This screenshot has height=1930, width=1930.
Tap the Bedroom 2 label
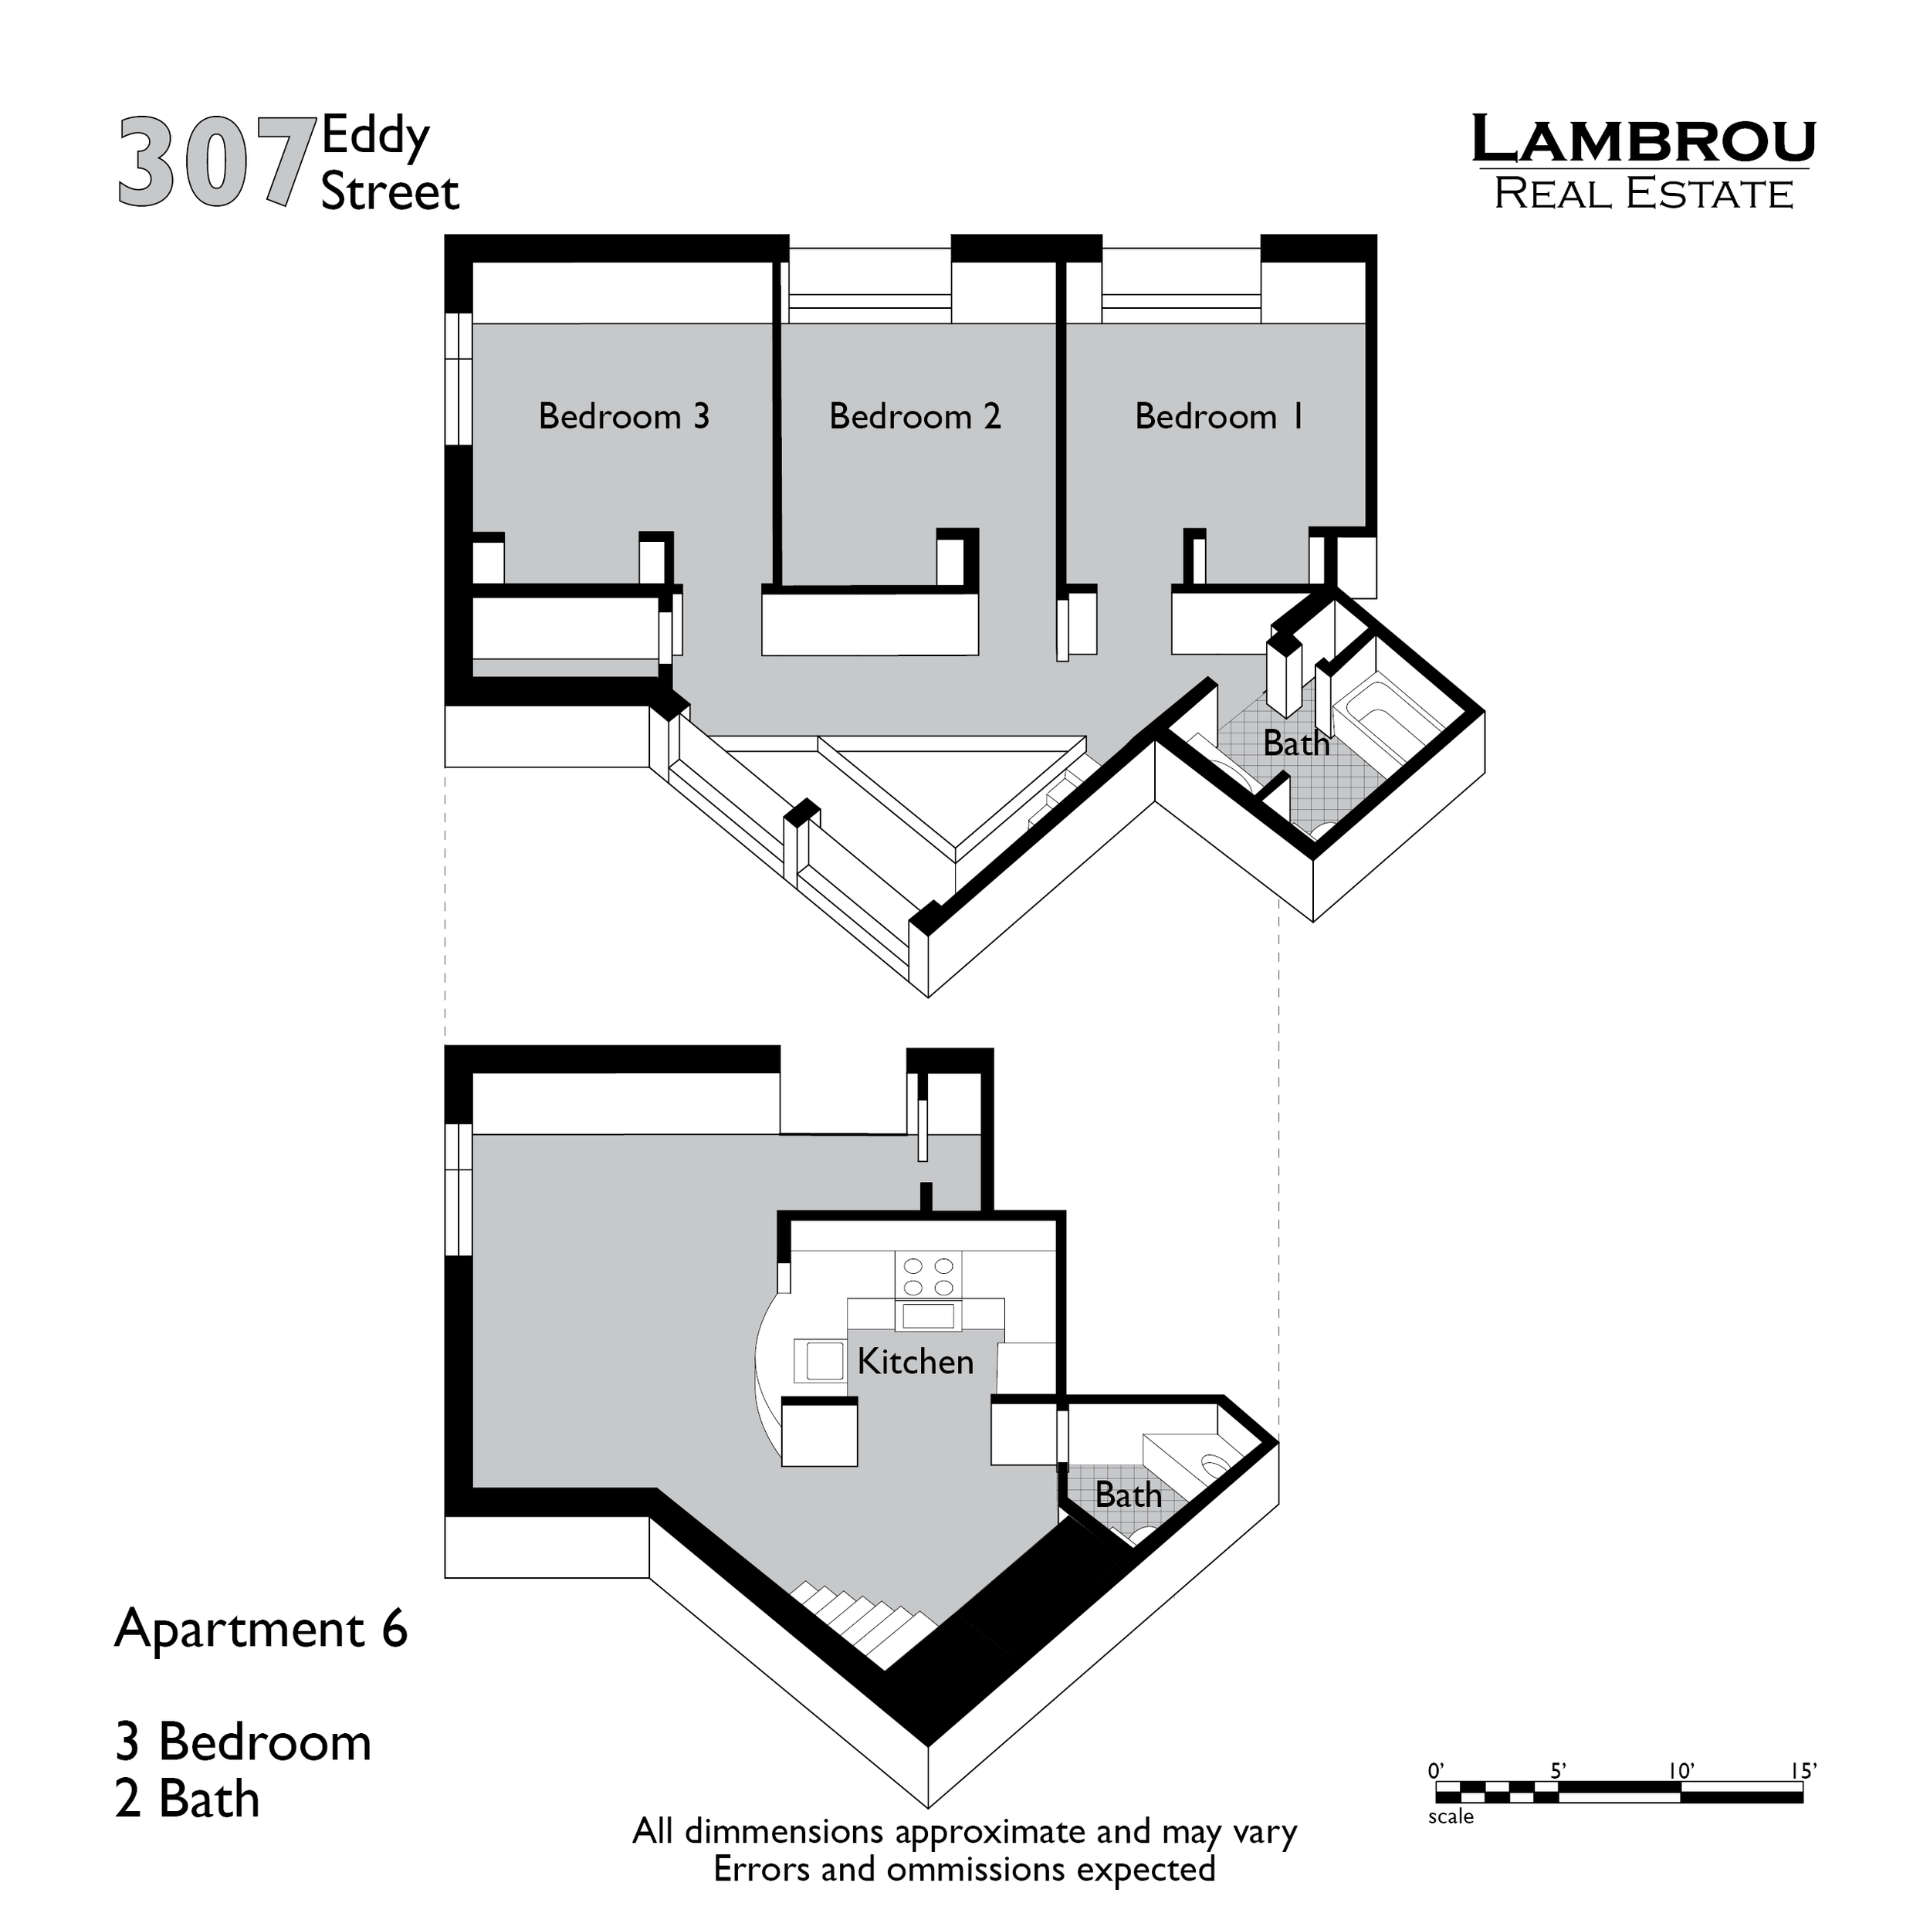coord(914,417)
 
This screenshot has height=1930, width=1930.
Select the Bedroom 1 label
coord(1219,417)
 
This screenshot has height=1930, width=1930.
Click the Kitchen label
coord(915,1363)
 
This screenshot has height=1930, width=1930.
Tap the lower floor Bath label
coord(1128,1495)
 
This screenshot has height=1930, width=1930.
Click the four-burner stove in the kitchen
coord(928,1275)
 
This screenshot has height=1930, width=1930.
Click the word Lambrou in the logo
coord(1644,142)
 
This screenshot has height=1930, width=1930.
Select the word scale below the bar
coord(1451,1817)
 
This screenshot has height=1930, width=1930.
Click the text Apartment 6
coord(262,1630)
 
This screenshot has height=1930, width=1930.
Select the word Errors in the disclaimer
coord(764,1869)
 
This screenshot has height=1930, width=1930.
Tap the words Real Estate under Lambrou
coord(1644,194)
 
